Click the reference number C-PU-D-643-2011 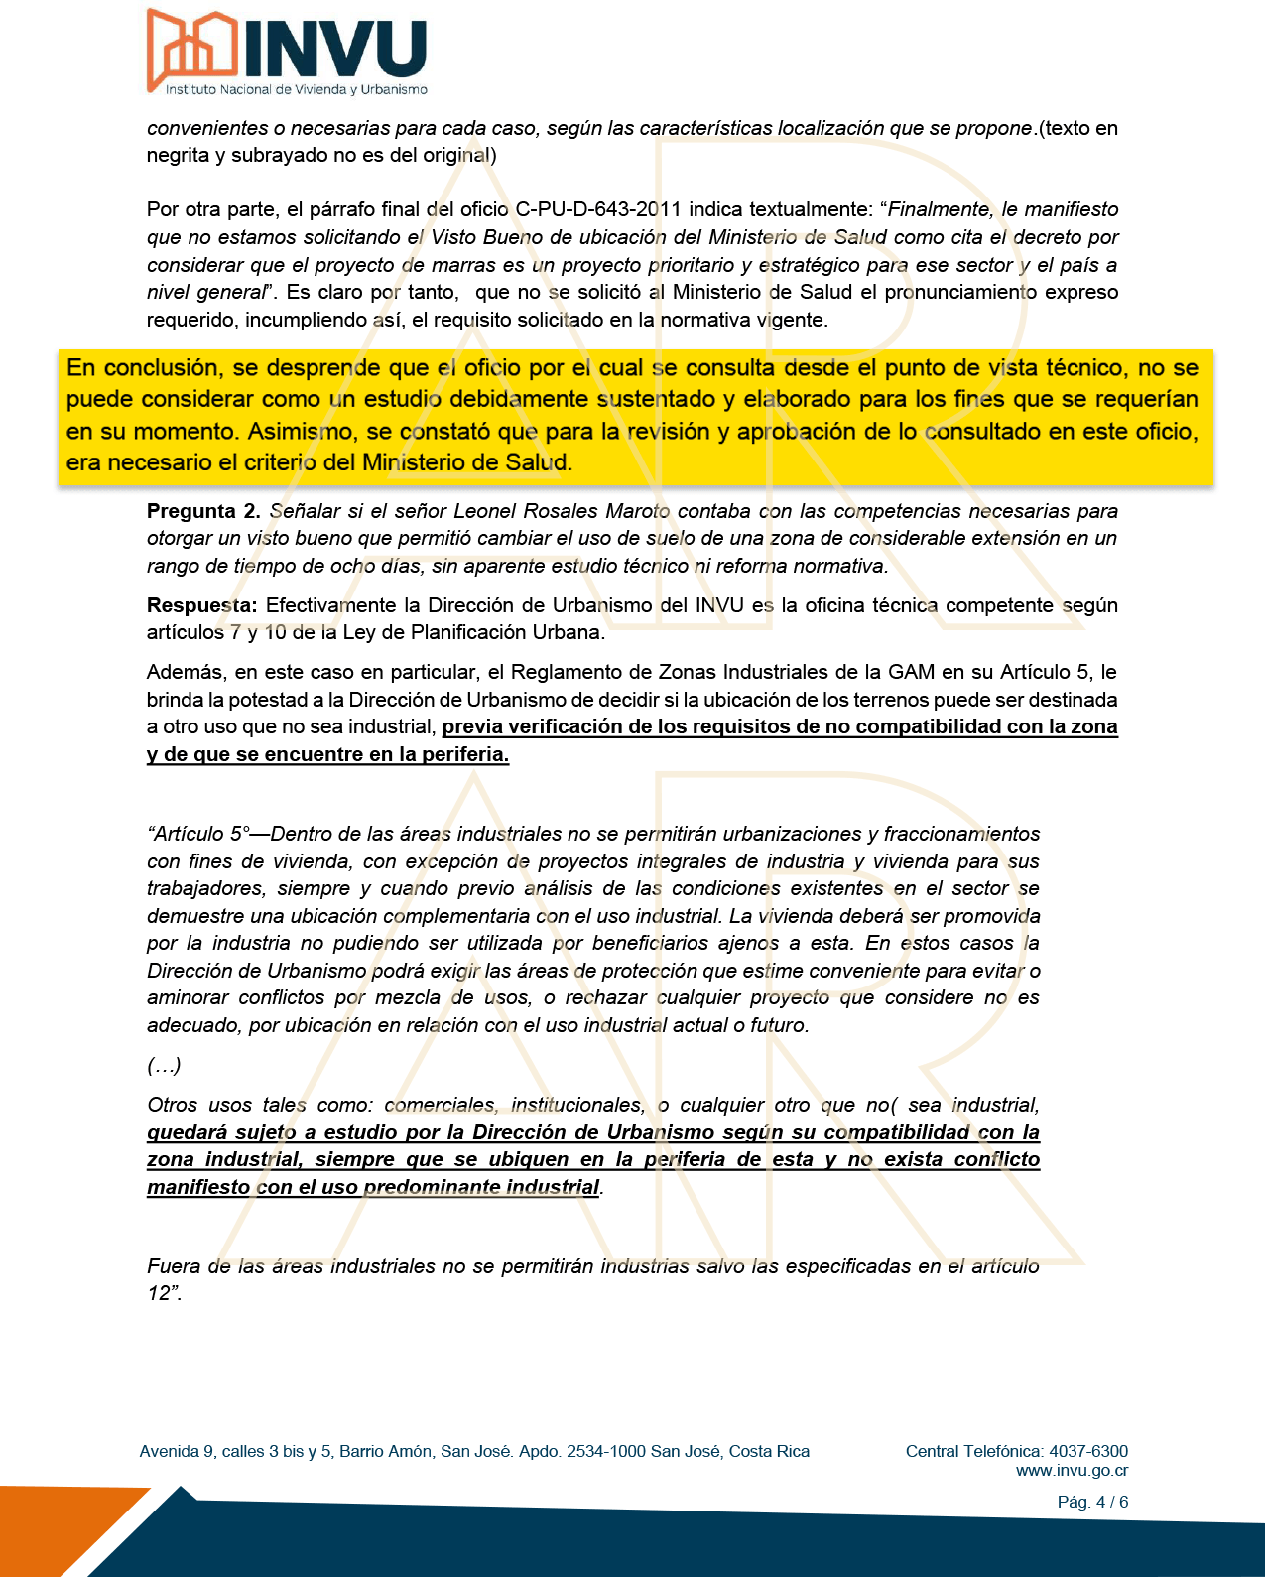598,209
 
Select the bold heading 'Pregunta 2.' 203,511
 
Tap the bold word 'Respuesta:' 202,605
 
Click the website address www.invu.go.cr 1072,1471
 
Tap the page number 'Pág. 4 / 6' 1092,1502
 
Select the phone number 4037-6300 1088,1451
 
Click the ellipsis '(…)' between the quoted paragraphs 164,1066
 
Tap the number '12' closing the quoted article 160,1293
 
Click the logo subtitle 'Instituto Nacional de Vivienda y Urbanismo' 296,90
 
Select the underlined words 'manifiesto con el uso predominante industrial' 373,1187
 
